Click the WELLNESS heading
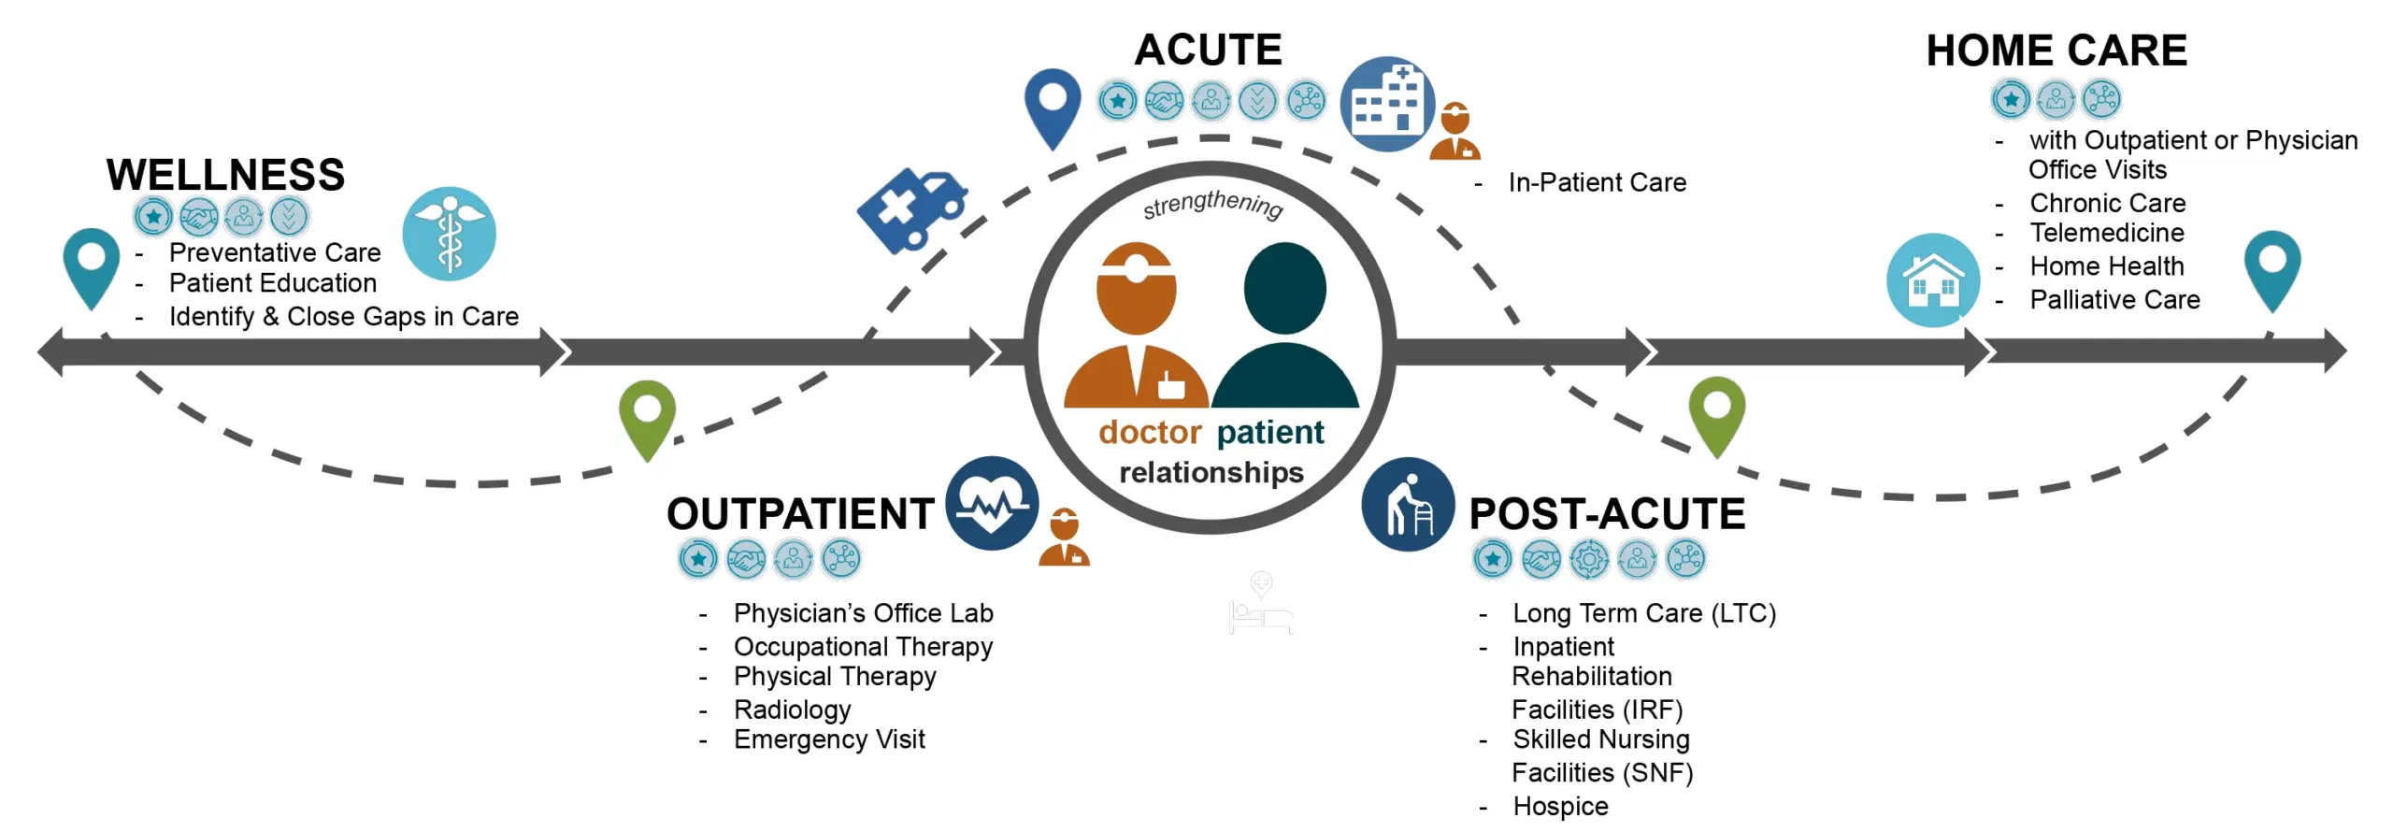tap(225, 175)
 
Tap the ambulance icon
tap(911, 209)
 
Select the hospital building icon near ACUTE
tap(1386, 104)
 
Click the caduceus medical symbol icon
tap(450, 234)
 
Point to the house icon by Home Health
tap(1932, 280)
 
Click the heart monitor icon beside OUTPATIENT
tap(991, 503)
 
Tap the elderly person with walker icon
tap(1408, 505)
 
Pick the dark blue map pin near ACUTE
tap(1053, 104)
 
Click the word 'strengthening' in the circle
tap(1212, 204)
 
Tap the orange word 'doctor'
tap(1149, 432)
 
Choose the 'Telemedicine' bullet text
tap(2107, 233)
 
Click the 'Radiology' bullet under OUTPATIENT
tap(792, 710)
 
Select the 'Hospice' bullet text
tap(1560, 806)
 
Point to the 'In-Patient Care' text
tap(1597, 182)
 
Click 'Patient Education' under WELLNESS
tap(272, 283)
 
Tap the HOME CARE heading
tap(2056, 50)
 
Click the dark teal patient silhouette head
tap(1284, 287)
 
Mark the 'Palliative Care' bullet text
tap(2114, 300)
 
